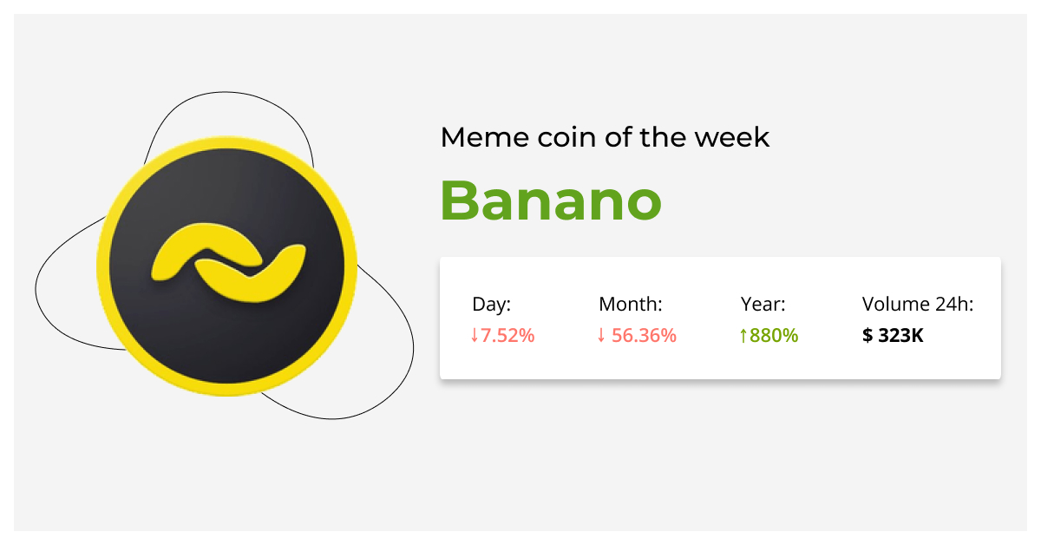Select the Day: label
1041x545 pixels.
point(492,305)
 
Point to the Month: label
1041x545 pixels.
point(631,305)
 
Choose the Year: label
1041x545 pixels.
point(763,305)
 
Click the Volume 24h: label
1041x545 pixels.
point(918,305)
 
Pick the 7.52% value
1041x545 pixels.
point(507,335)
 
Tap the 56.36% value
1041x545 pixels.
point(644,335)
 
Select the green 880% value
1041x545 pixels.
point(773,335)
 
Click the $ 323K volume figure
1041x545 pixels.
point(893,335)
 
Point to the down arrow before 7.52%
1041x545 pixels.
point(474,335)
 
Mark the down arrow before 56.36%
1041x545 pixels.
point(601,335)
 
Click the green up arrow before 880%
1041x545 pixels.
point(743,335)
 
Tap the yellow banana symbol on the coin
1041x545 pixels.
point(228,266)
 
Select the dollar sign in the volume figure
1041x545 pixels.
point(867,335)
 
